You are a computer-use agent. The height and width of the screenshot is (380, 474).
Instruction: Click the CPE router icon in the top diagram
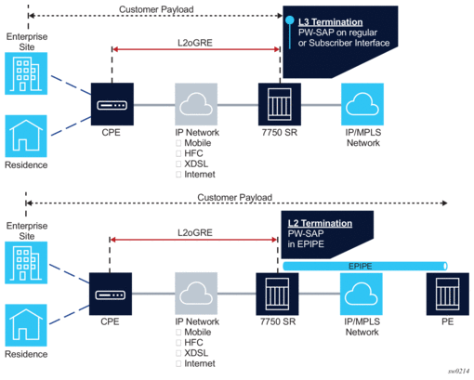coord(112,104)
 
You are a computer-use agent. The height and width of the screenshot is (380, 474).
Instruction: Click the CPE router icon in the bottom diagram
coord(111,294)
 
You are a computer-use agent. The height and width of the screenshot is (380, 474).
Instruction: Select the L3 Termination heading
coord(330,22)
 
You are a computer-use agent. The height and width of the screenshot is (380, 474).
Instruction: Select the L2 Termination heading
coord(320,223)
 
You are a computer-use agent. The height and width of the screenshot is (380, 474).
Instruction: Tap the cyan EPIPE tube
coord(365,266)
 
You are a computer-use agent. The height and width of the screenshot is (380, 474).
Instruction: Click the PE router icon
coord(448,294)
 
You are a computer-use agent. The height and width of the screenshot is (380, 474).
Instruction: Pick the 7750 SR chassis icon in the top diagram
coord(280,104)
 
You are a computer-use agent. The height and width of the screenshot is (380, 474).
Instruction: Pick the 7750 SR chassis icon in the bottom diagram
coord(277,294)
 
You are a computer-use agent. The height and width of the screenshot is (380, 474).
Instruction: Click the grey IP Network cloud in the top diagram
coord(196,104)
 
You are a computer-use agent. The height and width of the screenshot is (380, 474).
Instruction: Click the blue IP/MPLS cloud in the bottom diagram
coord(362,294)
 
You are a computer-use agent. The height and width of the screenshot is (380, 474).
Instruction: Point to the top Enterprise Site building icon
coord(26,73)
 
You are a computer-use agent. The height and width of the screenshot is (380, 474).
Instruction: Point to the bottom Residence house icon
coord(26,325)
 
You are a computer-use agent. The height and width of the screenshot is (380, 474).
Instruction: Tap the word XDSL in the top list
coord(196,164)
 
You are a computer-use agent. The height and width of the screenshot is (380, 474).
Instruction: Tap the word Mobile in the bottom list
coord(198,332)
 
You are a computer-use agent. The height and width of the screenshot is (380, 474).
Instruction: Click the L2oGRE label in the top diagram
coord(195,43)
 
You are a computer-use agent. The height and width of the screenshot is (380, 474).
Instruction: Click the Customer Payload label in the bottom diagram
coord(235,197)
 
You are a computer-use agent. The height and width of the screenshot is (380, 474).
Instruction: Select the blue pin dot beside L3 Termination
coord(290,20)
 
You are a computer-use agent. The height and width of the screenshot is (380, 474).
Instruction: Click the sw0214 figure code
coord(458,371)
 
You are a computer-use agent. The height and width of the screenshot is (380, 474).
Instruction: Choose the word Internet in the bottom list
coord(200,363)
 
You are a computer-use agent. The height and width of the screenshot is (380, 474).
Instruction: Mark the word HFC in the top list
coord(193,153)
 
